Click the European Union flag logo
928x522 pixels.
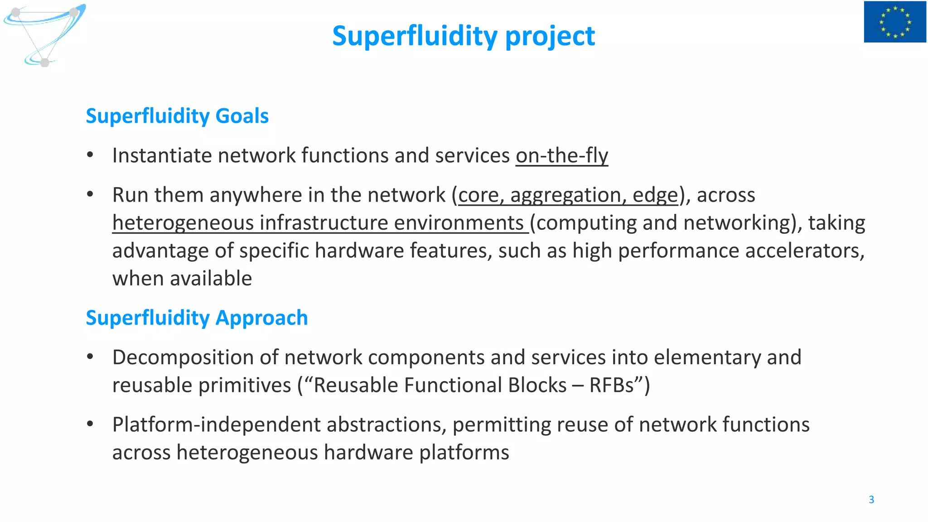point(894,22)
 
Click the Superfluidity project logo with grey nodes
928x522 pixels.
point(44,34)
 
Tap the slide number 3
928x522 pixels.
point(871,499)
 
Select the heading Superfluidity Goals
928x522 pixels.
point(177,116)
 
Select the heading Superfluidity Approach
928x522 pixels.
point(197,318)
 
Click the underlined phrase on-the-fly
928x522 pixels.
point(561,155)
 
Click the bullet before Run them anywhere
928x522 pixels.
point(90,195)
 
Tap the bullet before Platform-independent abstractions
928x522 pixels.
point(90,424)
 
